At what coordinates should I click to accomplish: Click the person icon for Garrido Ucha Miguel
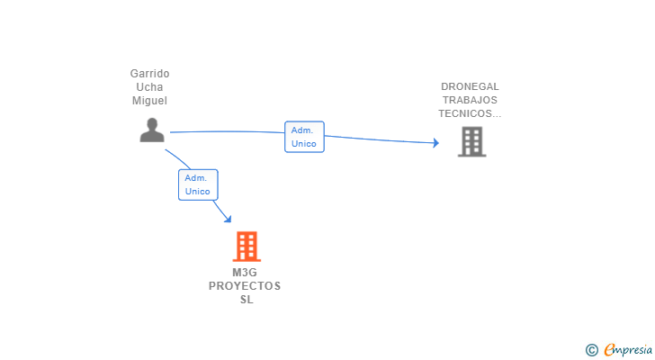coord(152,131)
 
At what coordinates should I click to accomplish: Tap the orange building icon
coord(246,246)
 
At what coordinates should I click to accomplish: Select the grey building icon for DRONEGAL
coord(471,141)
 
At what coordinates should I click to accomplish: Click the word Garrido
coord(149,74)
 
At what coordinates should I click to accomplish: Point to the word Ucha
coord(149,87)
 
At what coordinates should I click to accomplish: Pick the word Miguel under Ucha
coord(149,101)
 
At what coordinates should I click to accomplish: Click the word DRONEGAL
coord(470,87)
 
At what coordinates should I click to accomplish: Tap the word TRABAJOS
coord(470,101)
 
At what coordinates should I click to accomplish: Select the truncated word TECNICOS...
coord(470,114)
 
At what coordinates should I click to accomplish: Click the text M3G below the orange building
coord(245,273)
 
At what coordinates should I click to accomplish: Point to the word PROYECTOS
coord(245,286)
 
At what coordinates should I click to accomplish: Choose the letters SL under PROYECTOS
coord(246,300)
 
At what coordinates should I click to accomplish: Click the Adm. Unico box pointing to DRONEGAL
coord(304,137)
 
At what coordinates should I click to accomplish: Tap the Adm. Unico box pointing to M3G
coord(198,184)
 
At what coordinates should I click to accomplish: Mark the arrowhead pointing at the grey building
coord(435,143)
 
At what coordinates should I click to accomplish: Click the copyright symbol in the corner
coord(591,349)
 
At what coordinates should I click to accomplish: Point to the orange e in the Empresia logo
coord(609,349)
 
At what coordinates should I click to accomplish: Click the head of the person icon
coord(152,124)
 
